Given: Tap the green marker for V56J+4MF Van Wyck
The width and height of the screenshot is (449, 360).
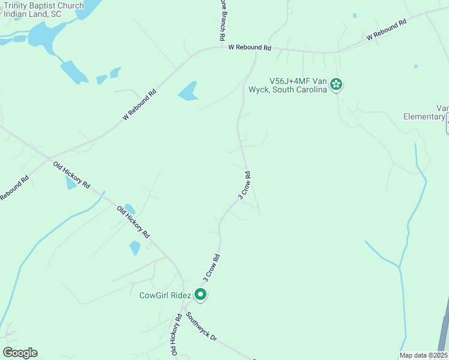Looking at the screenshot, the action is pyautogui.click(x=336, y=85).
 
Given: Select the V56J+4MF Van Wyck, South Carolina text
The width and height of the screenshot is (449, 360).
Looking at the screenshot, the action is pyautogui.click(x=297, y=85).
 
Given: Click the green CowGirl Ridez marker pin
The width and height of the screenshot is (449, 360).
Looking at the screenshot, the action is pyautogui.click(x=201, y=295).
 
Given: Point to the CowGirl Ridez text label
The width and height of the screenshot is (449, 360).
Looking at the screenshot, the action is pyautogui.click(x=165, y=295).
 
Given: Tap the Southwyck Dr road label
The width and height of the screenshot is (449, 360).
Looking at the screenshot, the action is pyautogui.click(x=201, y=326).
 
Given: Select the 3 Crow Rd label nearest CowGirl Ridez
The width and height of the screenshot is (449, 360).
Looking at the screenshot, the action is pyautogui.click(x=211, y=268).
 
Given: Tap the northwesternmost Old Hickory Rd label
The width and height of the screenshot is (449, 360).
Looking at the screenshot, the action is pyautogui.click(x=71, y=175).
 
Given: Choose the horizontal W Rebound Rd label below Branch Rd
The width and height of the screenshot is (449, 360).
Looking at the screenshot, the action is pyautogui.click(x=250, y=47).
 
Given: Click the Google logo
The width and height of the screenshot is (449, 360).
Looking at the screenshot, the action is pyautogui.click(x=20, y=353).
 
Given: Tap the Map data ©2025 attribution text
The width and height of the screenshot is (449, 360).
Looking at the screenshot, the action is pyautogui.click(x=424, y=355).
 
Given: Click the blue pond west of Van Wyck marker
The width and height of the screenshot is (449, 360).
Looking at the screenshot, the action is pyautogui.click(x=188, y=91).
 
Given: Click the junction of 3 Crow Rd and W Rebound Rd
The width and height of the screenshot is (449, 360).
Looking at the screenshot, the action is pyautogui.click(x=257, y=49).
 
